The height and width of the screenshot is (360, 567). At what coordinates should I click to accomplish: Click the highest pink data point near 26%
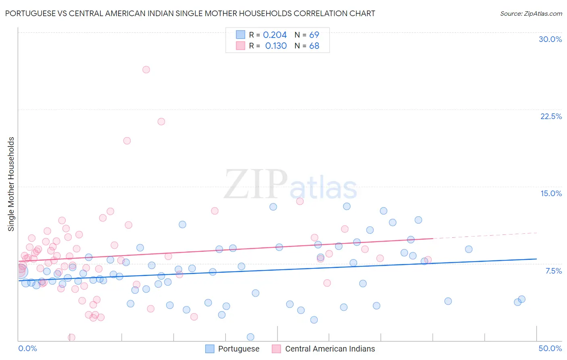[146, 69]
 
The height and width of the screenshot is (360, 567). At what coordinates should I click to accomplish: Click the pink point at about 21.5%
[161, 121]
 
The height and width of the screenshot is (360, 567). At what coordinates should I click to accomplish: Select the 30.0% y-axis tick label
[550, 39]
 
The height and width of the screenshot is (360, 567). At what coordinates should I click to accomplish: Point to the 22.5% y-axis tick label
[551, 116]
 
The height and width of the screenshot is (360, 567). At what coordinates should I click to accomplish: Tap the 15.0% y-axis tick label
[551, 193]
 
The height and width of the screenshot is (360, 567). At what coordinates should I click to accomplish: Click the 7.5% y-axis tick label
[553, 271]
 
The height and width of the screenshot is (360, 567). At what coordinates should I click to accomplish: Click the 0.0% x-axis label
[27, 348]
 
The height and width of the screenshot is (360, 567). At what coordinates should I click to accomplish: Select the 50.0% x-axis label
[550, 348]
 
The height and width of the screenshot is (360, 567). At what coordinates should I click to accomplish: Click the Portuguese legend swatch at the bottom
[210, 349]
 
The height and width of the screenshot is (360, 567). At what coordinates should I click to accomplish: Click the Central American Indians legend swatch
[276, 349]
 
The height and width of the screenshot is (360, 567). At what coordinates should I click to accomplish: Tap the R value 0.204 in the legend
[275, 35]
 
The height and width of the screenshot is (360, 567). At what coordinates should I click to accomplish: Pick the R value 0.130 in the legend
[276, 46]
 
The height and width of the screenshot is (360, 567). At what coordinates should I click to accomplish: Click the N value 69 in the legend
[314, 35]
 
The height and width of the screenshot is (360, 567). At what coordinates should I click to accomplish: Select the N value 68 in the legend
[314, 46]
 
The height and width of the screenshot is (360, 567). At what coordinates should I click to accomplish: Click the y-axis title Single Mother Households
[11, 184]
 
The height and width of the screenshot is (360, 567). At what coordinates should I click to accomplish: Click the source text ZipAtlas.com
[543, 13]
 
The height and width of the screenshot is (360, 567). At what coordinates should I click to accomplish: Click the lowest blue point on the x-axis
[250, 337]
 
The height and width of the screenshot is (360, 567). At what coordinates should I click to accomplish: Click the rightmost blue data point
[521, 299]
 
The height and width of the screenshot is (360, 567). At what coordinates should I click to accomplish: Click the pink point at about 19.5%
[127, 141]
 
